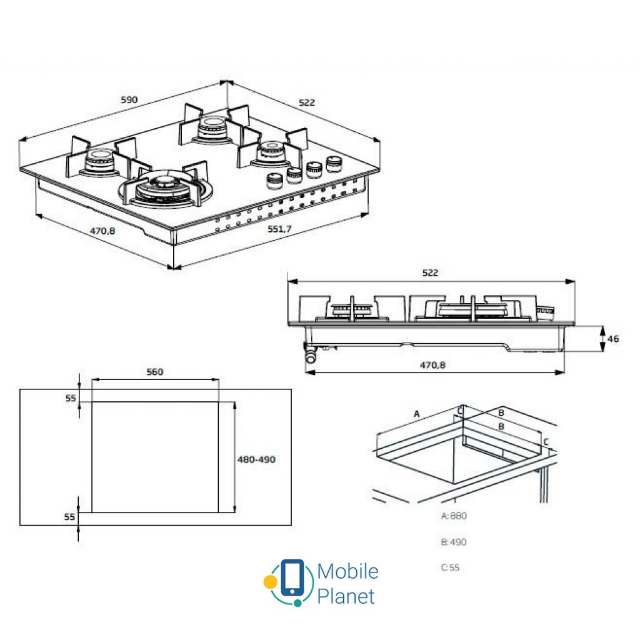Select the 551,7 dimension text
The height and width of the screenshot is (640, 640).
279,229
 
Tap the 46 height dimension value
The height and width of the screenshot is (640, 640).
613,339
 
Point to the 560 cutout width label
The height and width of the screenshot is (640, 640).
154,372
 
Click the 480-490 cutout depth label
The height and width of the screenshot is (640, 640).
256,459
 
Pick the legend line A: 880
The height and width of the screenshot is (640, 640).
454,516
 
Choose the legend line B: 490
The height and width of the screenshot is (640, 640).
454,542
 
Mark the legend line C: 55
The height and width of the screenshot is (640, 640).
450,567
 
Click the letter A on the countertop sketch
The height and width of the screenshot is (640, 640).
417,414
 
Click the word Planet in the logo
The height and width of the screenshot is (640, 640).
346,596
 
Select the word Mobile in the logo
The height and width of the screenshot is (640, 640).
347,571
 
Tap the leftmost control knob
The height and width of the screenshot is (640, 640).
273,181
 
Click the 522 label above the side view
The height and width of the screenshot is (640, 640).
431,272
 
